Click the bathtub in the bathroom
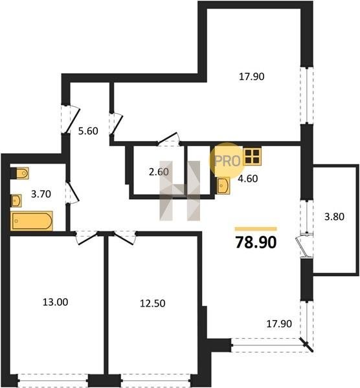point(32,221)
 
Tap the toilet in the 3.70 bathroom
point(22,173)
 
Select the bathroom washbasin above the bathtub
point(16,200)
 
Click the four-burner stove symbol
point(253,156)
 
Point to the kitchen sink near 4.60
point(223,186)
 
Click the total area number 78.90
point(256,242)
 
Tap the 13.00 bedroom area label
point(55,302)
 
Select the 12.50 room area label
point(153,303)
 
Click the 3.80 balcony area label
point(334,217)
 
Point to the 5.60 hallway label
point(88,131)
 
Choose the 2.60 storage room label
point(159,172)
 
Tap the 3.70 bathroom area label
point(41,194)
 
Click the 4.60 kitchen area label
point(248,178)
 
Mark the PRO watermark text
point(227,161)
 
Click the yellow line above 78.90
point(256,229)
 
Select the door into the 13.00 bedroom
point(86,238)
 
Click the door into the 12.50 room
point(124,238)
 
